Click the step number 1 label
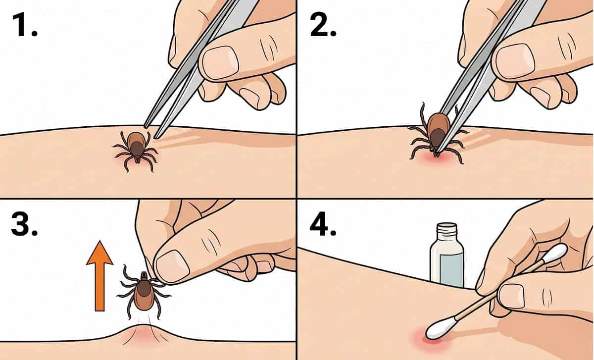[x=24, y=25]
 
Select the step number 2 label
[x=323, y=25]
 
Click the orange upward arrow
[x=99, y=276]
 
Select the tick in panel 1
[x=136, y=151]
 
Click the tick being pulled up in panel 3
[x=143, y=291]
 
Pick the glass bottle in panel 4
[x=447, y=257]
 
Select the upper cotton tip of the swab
[x=555, y=253]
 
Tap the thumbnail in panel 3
[x=172, y=266]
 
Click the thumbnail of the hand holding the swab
[x=511, y=296]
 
